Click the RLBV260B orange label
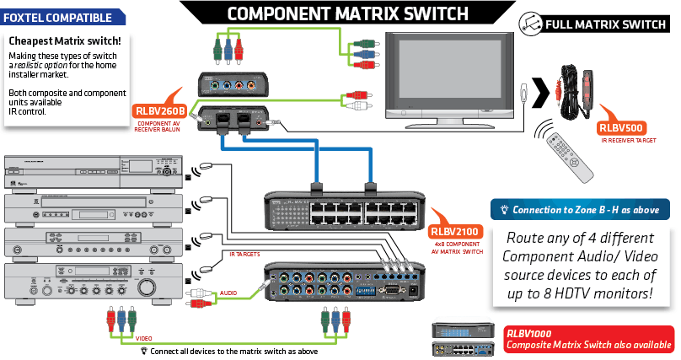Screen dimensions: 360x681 [x=158, y=110]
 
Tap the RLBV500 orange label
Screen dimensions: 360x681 [x=620, y=128]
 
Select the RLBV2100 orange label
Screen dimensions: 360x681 [x=454, y=231]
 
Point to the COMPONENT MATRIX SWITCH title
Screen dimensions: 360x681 [x=347, y=13]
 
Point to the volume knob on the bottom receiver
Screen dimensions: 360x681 [x=150, y=287]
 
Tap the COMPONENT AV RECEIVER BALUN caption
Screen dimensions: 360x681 [x=158, y=126]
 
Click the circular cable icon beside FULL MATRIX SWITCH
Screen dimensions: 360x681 [x=529, y=23]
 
